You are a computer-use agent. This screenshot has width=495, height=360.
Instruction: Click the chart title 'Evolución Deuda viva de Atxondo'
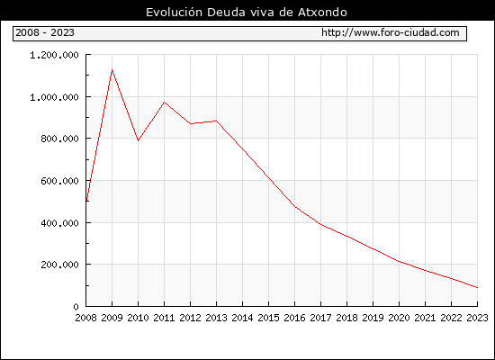(247, 12)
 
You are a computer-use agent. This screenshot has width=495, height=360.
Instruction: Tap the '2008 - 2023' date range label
(45, 32)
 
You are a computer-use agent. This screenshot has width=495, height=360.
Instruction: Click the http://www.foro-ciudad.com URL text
(391, 32)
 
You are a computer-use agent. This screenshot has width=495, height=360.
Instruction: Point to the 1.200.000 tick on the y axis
(54, 55)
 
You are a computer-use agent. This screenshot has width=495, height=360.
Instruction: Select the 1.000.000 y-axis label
(54, 97)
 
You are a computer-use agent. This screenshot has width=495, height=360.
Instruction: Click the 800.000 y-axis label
(59, 139)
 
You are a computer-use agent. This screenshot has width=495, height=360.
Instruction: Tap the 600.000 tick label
(59, 181)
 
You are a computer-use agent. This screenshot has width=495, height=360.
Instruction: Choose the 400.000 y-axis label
(59, 223)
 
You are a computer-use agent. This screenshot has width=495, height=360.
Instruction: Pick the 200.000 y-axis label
(59, 265)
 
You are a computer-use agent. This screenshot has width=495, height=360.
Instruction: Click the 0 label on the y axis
(76, 307)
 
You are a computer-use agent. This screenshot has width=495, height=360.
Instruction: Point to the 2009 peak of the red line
(112, 70)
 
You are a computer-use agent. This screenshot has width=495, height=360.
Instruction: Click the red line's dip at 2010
(138, 140)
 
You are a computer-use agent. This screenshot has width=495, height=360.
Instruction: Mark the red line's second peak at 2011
(164, 102)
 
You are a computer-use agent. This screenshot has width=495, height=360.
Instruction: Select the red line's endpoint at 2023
(477, 287)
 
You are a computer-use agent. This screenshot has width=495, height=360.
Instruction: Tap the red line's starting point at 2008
(86, 202)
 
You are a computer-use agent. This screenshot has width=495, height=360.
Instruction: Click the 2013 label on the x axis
(216, 318)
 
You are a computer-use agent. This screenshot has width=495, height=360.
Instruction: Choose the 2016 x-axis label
(294, 318)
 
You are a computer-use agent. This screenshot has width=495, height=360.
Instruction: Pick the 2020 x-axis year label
(399, 318)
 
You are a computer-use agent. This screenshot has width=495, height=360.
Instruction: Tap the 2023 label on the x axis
(477, 318)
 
